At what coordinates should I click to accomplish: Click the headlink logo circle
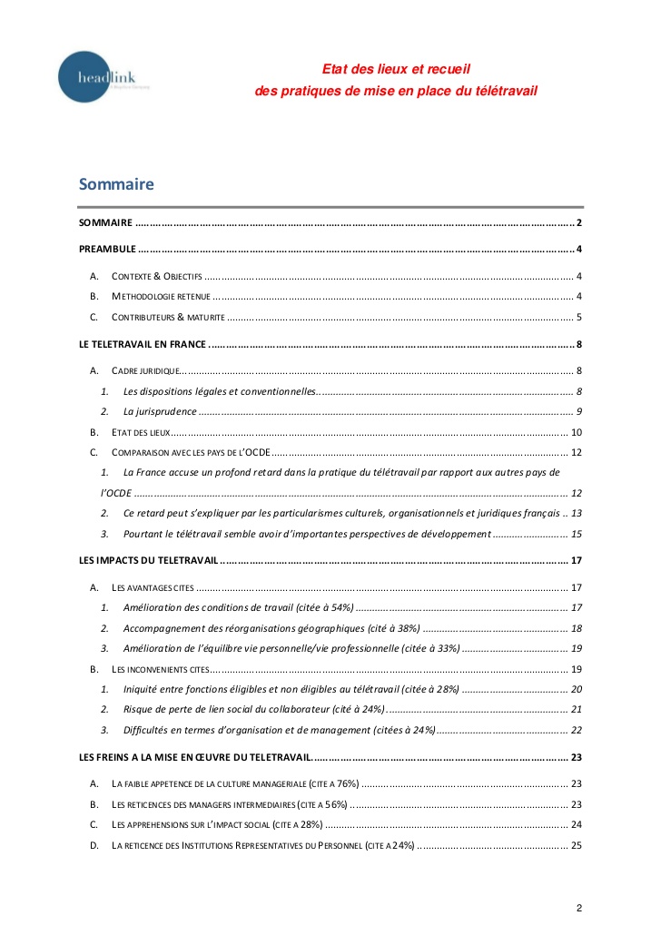[x=89, y=77]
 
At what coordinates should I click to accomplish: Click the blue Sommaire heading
[x=116, y=184]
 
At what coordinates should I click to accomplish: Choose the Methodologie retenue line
[x=161, y=296]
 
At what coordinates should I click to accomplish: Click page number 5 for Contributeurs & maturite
[x=578, y=317]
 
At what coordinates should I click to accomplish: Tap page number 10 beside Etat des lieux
[x=576, y=432]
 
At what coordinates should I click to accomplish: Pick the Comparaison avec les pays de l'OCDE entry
[x=190, y=452]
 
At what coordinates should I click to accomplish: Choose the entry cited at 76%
[x=235, y=783]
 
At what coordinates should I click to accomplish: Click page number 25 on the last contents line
[x=576, y=845]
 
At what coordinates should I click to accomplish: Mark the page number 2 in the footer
[x=578, y=908]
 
